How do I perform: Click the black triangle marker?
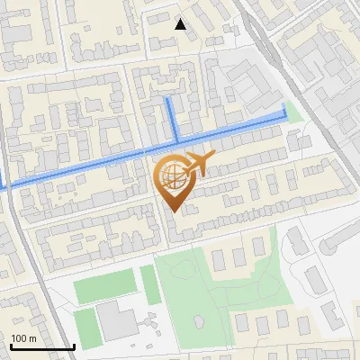181,24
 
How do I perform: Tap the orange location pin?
173,184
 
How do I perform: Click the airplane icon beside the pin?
200,164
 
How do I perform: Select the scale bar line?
42,346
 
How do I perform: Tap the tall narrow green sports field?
150,285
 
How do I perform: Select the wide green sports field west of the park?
103,288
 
